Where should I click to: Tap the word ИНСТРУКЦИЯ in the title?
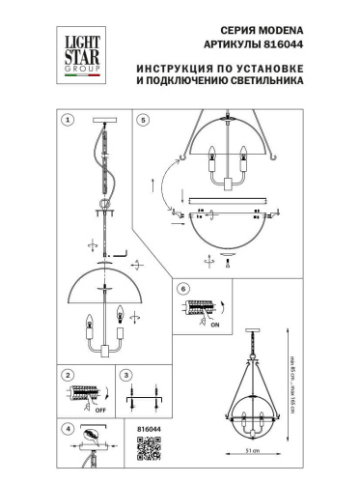point(176,69)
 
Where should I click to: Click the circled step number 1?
point(68,121)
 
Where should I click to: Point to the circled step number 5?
point(144,121)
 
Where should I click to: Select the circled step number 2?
point(68,374)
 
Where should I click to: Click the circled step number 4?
point(68,429)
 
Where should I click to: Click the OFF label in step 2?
point(99,409)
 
